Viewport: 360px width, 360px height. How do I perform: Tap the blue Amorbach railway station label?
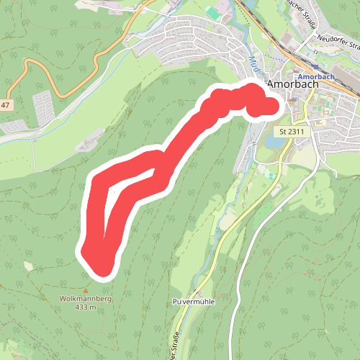pyautogui.click(x=314, y=76)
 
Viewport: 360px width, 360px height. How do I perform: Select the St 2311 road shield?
pyautogui.click(x=292, y=131)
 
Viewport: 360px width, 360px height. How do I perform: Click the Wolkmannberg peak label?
pyautogui.click(x=79, y=298)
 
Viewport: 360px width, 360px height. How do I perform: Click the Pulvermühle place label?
pyautogui.click(x=194, y=300)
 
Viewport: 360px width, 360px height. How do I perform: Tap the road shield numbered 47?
pyautogui.click(x=5, y=105)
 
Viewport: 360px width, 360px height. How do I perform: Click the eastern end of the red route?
pyautogui.click(x=269, y=107)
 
